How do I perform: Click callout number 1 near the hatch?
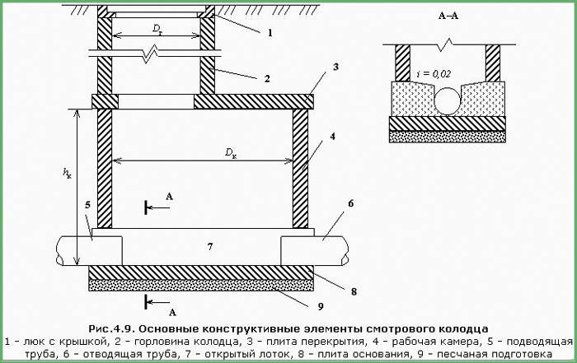(x=269, y=33)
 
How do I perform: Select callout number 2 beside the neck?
(x=267, y=79)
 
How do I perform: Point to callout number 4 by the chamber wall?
(x=332, y=139)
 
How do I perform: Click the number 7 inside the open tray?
(x=210, y=246)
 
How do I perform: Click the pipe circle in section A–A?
(x=448, y=100)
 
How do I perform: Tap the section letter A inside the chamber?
(x=169, y=197)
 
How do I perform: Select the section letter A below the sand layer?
(x=171, y=311)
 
